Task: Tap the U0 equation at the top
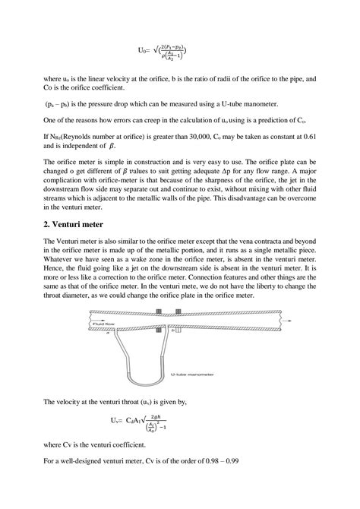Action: (x=163, y=52)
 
